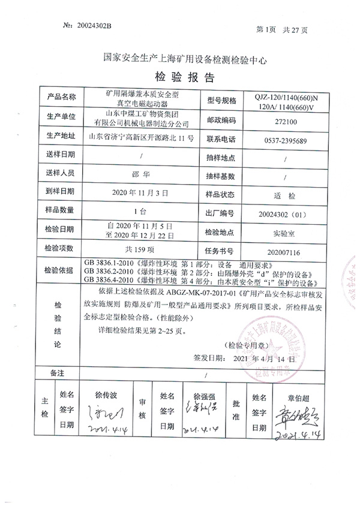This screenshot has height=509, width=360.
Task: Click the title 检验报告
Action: click(x=181, y=78)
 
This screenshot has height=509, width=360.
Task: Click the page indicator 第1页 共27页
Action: click(x=281, y=29)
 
